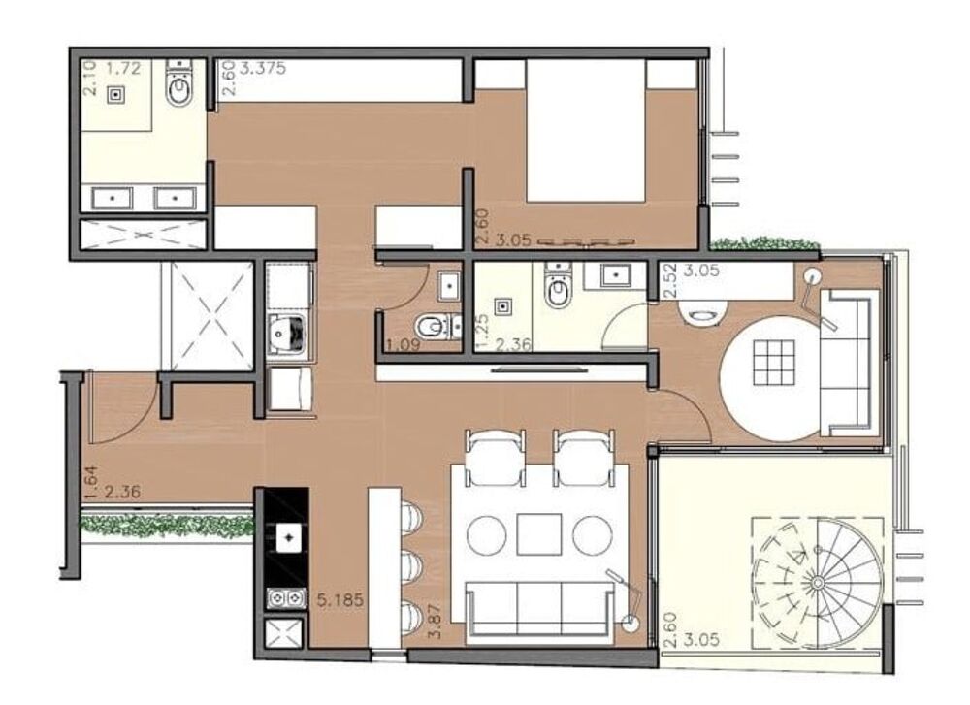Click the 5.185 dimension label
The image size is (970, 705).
pyautogui.click(x=339, y=600)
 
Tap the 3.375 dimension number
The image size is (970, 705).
pyautogui.click(x=262, y=68)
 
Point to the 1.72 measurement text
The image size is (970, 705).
pyautogui.click(x=123, y=68)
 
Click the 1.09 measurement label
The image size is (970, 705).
pyautogui.click(x=401, y=345)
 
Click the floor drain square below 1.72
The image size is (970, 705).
pyautogui.click(x=117, y=94)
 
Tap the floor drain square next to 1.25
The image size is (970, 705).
pyautogui.click(x=504, y=307)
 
